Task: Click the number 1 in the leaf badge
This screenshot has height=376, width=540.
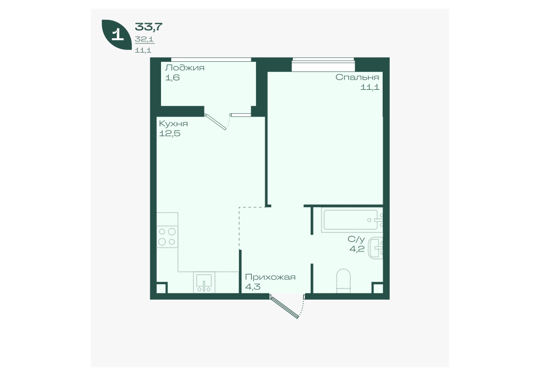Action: tap(118, 35)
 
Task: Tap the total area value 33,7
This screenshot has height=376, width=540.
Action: tap(149, 26)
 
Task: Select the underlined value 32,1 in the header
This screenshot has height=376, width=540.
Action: tap(144, 40)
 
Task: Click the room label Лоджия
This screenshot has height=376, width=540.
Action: tap(185, 68)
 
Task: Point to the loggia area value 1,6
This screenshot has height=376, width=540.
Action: tap(172, 77)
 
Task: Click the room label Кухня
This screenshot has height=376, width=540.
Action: tap(173, 124)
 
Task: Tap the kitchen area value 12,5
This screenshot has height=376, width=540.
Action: tap(170, 133)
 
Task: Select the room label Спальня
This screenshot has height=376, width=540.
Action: tap(357, 77)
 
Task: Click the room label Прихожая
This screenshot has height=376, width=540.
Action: tap(271, 277)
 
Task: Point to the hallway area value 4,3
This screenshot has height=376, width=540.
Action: tap(253, 287)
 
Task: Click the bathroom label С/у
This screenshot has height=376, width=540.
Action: tap(356, 239)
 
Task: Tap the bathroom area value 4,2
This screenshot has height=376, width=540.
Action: tap(357, 249)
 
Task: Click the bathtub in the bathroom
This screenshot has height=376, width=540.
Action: tap(352, 220)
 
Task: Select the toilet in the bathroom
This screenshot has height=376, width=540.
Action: tap(343, 281)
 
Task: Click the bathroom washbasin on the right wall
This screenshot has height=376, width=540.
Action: tap(376, 248)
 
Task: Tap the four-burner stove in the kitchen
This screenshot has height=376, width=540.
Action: tap(167, 237)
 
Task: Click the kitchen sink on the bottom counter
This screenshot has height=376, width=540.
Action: tap(205, 283)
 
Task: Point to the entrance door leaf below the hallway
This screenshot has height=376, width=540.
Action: tap(284, 306)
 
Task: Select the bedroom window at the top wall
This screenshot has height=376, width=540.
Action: tap(323, 64)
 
